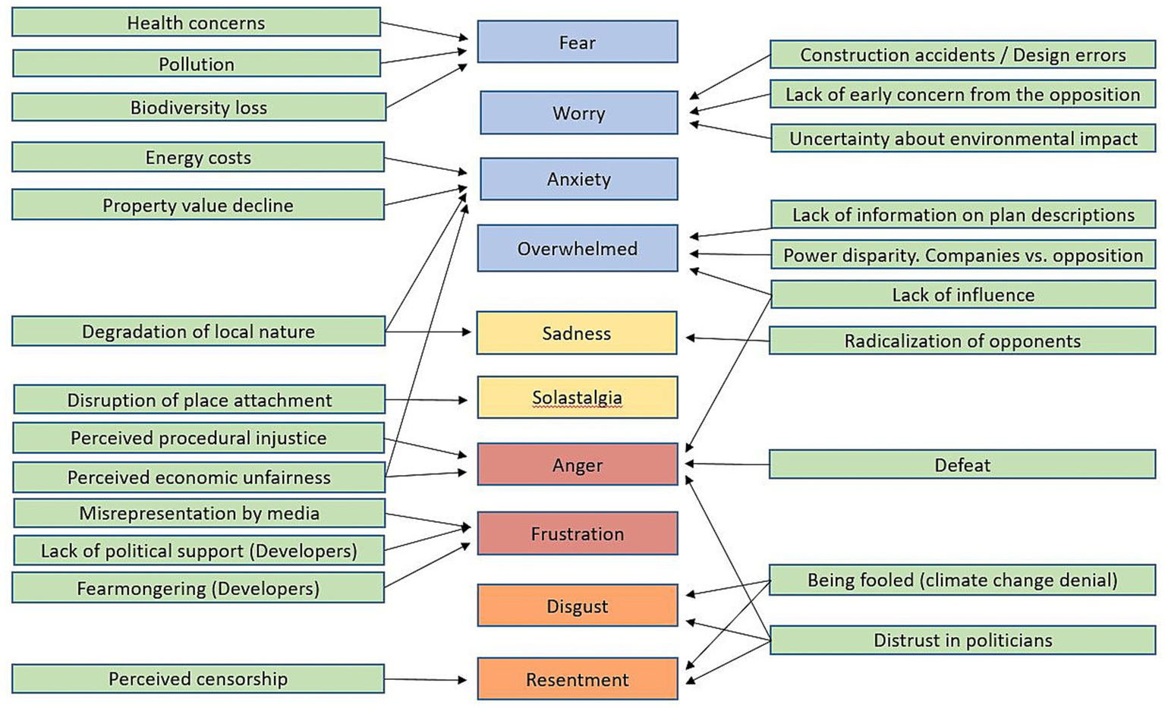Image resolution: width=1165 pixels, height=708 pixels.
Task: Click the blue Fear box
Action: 577,42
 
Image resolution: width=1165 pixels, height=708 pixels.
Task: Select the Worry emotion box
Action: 578,113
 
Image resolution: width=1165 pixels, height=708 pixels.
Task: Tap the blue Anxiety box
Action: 578,179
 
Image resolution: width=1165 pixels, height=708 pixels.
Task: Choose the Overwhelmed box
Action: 577,248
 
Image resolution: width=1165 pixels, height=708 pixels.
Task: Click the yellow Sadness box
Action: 576,333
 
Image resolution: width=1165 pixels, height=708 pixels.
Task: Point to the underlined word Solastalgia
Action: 577,398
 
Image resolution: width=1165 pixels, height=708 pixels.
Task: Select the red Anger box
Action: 577,464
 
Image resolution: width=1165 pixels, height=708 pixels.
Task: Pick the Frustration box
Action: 577,533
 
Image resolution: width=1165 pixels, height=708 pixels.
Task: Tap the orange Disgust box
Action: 577,606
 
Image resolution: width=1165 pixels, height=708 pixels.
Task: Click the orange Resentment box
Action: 577,679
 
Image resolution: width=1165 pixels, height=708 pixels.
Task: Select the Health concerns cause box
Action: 196,23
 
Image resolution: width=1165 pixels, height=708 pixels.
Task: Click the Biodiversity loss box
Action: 198,107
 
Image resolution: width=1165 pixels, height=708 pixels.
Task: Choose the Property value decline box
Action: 197,205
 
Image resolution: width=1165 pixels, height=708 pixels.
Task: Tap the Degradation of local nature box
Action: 198,332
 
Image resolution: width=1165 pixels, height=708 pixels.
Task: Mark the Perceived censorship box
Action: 197,678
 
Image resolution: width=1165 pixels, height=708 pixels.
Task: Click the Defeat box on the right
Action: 962,464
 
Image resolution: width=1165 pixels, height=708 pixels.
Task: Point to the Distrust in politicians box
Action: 962,640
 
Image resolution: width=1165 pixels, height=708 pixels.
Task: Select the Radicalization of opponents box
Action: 962,341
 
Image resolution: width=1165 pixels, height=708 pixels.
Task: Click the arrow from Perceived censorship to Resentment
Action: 425,679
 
